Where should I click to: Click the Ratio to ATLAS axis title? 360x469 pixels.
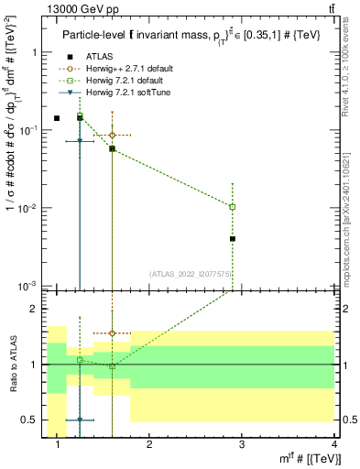pos(14,364)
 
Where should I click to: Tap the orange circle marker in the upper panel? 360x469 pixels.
pos(112,135)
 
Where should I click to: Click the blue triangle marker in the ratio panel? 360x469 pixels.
pos(80,420)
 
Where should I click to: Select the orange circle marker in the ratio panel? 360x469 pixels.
pos(112,333)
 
